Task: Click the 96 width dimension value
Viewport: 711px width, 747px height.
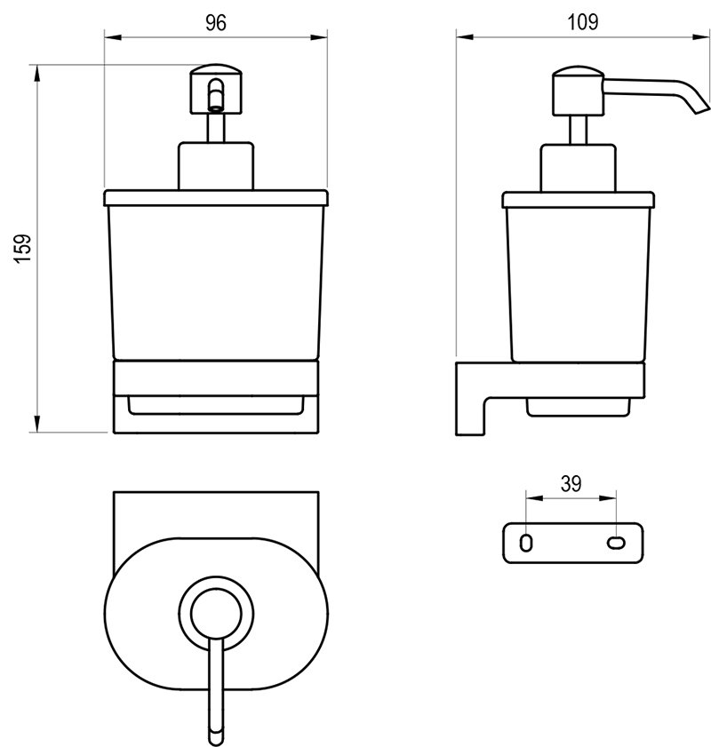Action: [x=216, y=23]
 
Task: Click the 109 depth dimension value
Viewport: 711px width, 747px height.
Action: [x=582, y=23]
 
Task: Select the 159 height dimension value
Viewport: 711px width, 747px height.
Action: [x=24, y=248]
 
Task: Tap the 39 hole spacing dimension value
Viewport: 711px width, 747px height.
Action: [x=571, y=483]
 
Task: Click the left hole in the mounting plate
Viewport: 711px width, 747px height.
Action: [x=526, y=542]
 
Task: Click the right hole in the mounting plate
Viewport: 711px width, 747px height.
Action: [x=615, y=542]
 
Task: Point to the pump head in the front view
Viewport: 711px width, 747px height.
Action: [x=216, y=89]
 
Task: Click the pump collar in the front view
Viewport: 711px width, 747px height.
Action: [x=216, y=165]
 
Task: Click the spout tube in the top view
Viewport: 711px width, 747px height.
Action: [x=216, y=693]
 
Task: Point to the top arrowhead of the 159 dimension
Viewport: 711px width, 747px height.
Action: [x=37, y=73]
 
